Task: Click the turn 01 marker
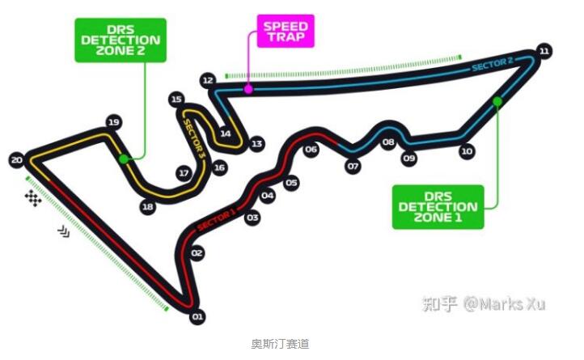197,317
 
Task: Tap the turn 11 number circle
544,51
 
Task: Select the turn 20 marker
16,160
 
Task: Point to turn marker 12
208,80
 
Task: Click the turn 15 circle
176,100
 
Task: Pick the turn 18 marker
148,206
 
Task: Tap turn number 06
311,150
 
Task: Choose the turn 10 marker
467,151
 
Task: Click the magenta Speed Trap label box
286,32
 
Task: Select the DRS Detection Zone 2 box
121,40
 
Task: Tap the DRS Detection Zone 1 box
438,207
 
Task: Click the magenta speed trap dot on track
248,89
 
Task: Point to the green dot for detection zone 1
497,101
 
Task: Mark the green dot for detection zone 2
124,159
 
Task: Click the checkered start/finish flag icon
33,198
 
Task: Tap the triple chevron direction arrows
64,231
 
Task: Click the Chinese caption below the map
280,344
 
